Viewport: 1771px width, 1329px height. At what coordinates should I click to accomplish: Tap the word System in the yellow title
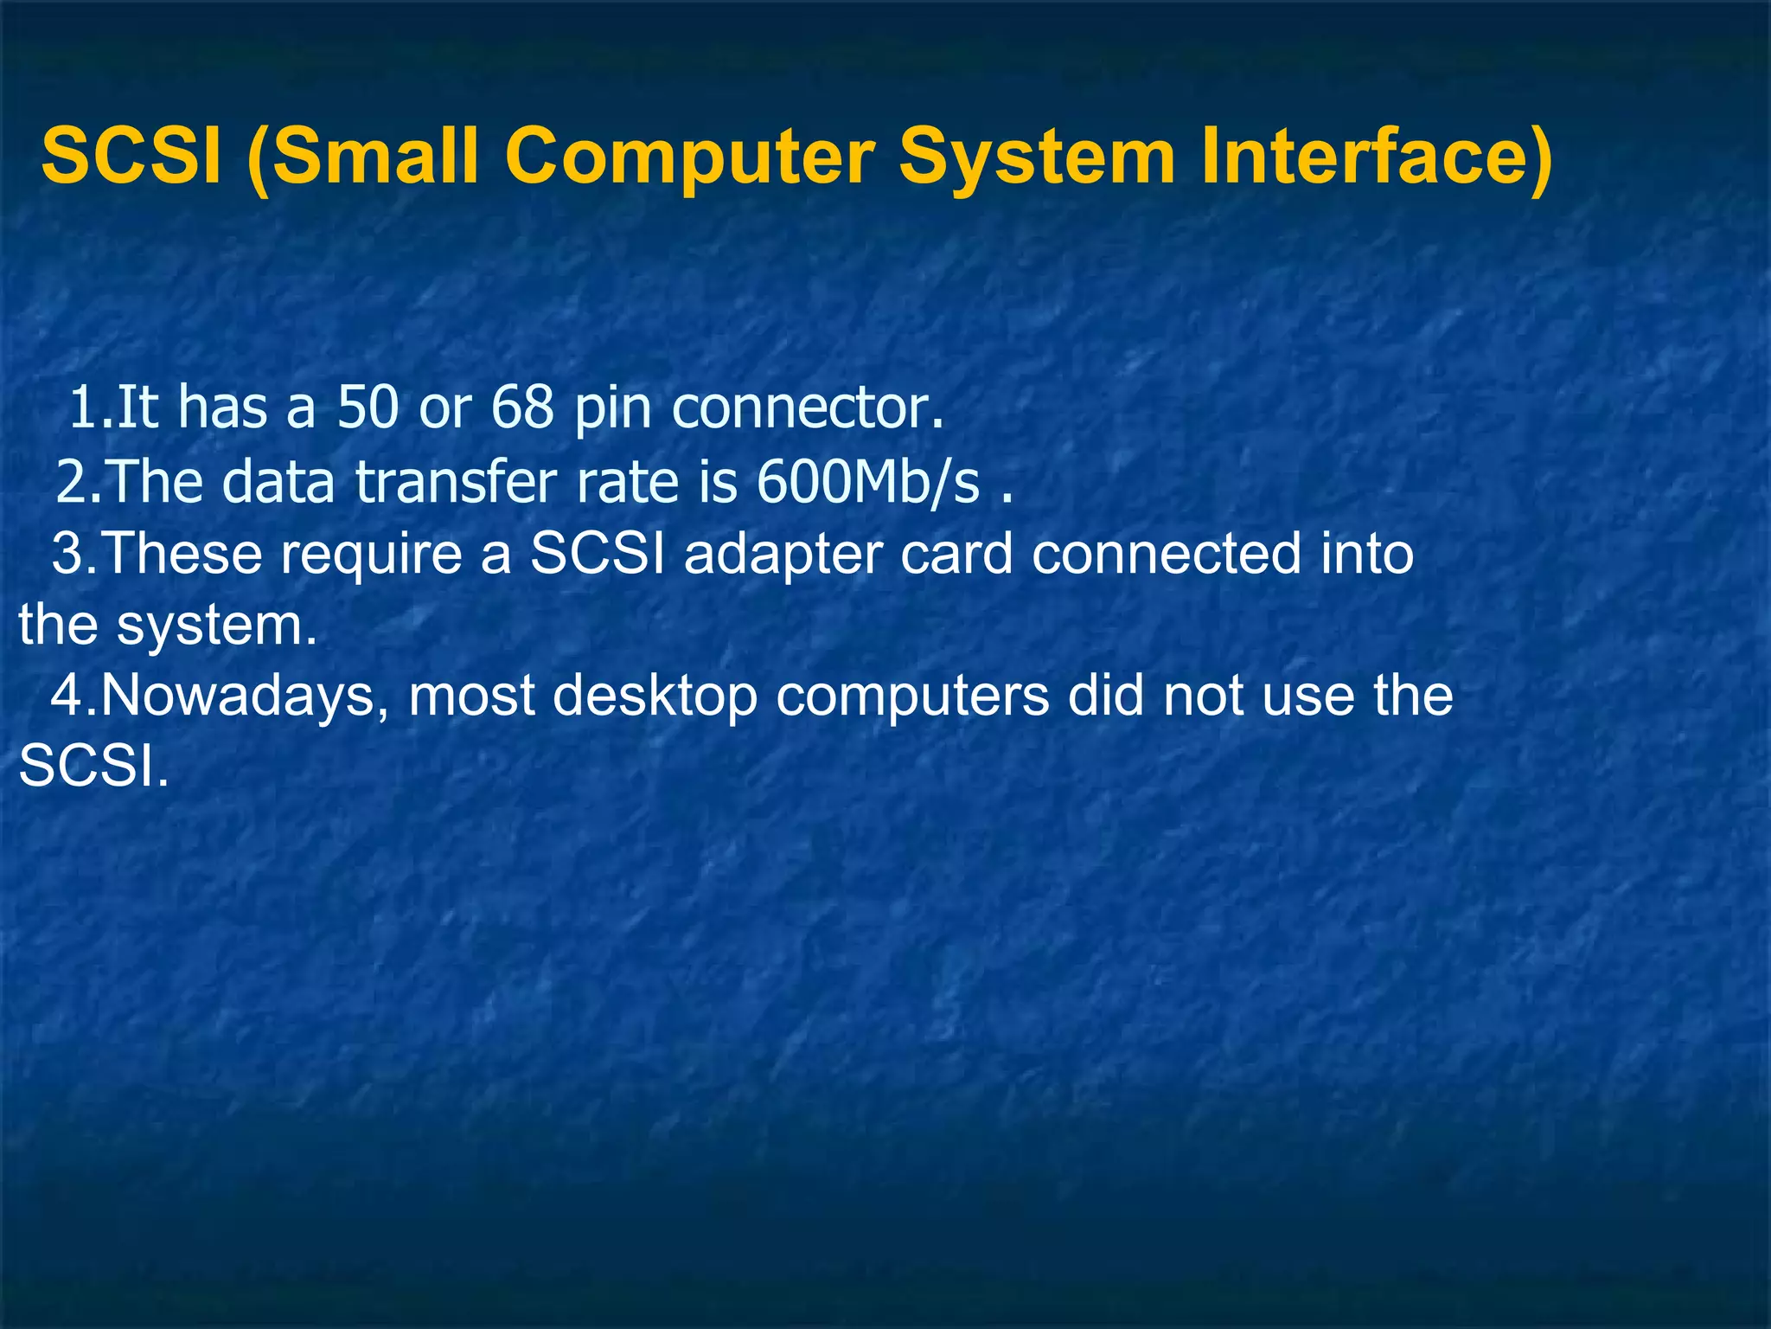point(1037,157)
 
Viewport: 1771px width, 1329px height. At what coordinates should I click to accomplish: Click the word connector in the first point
point(808,408)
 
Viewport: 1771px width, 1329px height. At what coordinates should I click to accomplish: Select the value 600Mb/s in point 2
point(868,481)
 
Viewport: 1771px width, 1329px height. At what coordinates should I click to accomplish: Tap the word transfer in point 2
point(455,481)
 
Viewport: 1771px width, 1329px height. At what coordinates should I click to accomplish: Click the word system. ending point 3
point(217,626)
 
